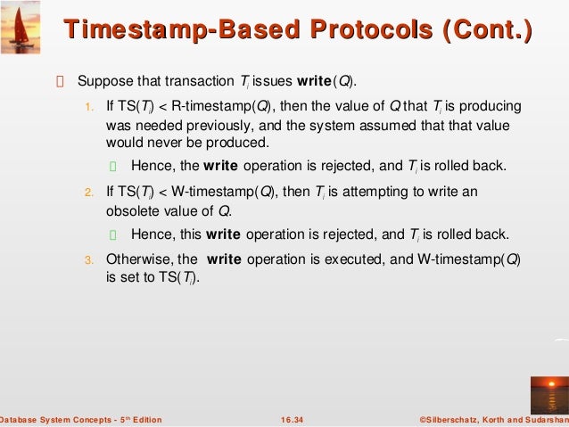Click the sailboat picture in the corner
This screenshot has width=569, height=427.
pyautogui.click(x=21, y=24)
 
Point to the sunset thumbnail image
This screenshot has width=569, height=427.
pyautogui.click(x=548, y=395)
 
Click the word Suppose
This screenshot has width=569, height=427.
pyautogui.click(x=103, y=82)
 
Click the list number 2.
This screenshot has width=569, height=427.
pyautogui.click(x=88, y=192)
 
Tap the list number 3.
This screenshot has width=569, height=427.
pyautogui.click(x=88, y=260)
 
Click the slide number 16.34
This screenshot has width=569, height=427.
pyautogui.click(x=291, y=419)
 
